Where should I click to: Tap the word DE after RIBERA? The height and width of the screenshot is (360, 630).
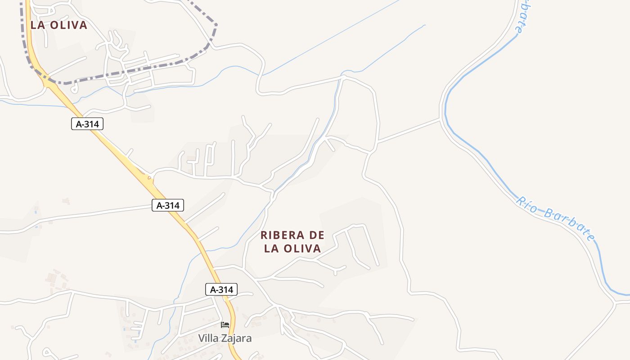point(316,235)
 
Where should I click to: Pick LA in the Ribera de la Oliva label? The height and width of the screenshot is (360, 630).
point(272,248)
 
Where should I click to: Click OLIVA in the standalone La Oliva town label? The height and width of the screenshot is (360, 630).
point(68,25)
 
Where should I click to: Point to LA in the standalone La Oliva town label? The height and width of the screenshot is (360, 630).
point(38,25)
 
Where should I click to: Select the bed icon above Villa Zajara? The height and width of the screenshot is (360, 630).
point(225,324)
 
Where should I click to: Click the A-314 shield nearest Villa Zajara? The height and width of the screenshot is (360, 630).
point(221,289)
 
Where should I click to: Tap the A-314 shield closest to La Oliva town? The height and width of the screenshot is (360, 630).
point(87,124)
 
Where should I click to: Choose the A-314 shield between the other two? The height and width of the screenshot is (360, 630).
point(168,205)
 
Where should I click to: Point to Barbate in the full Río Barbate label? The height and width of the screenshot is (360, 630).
point(570,224)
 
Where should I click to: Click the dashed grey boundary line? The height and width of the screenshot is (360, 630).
point(135,71)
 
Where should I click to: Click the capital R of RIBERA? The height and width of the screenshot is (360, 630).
point(264,235)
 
